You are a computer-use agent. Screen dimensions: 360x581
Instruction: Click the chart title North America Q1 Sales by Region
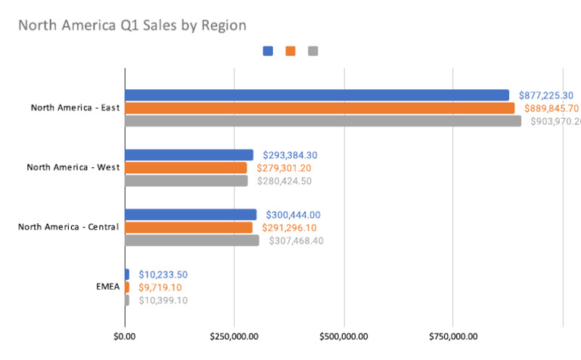point(132,26)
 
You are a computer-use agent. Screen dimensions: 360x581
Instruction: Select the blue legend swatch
point(268,51)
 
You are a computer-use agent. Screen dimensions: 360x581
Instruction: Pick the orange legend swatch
point(290,51)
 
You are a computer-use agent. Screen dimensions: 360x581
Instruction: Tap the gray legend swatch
point(313,51)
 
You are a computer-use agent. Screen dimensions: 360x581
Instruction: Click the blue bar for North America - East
point(317,95)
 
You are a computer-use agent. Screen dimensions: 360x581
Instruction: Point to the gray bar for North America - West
point(186,181)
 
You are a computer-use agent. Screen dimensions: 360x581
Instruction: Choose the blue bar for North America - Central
point(191,214)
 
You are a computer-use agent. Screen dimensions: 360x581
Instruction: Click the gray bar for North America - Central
point(191,241)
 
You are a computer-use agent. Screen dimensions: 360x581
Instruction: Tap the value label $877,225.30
point(546,95)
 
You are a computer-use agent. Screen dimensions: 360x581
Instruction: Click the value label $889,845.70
point(551,108)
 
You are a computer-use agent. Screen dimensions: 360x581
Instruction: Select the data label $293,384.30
point(290,154)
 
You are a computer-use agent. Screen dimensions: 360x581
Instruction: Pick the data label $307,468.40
point(294,241)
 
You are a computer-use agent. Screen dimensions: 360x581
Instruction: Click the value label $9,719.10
point(160,287)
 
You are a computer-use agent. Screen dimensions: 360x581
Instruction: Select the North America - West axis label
point(73,167)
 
